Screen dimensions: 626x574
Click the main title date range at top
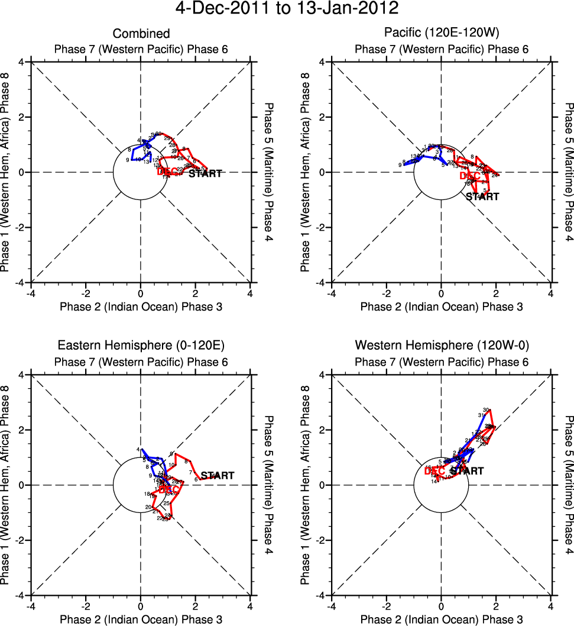click(287, 9)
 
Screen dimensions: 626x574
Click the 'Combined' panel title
click(141, 34)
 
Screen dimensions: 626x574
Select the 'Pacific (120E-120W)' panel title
click(442, 34)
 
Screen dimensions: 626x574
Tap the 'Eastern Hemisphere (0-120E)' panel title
click(141, 345)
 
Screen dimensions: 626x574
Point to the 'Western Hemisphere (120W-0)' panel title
click(442, 345)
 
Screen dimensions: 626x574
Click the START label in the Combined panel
click(205, 173)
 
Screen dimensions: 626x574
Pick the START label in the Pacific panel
click(482, 196)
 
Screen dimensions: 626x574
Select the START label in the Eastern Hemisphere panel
click(218, 475)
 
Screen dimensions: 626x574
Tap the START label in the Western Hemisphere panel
click(466, 471)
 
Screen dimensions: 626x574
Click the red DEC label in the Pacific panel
click(471, 176)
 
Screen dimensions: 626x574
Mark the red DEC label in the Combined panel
click(168, 172)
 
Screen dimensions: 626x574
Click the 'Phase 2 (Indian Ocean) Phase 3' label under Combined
click(141, 306)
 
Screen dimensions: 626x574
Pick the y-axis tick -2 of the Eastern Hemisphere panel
click(21, 540)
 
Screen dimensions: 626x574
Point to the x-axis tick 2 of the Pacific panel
click(496, 294)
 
